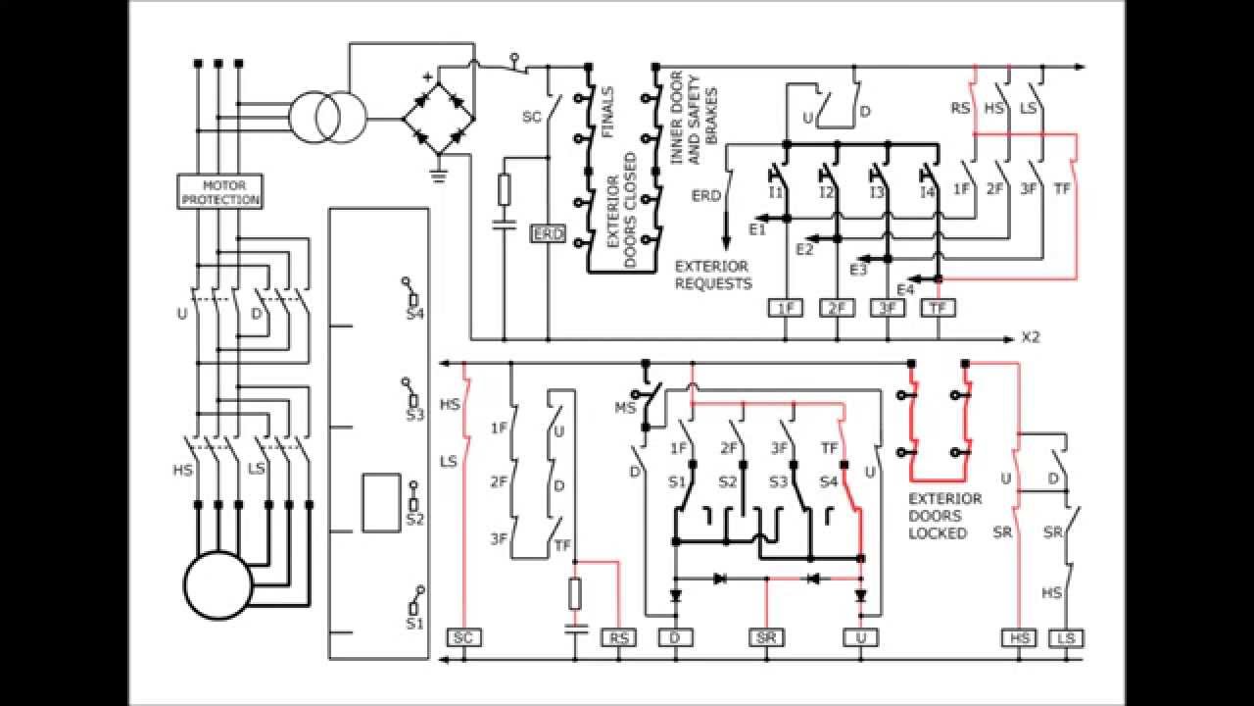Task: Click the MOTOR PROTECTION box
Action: pos(218,191)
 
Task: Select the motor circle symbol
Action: pos(217,584)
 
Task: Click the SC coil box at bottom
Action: pos(464,638)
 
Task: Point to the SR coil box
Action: pos(767,638)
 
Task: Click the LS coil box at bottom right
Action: pos(1066,638)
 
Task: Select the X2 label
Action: pos(1031,339)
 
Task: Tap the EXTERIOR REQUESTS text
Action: pos(713,276)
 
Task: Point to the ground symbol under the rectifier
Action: pos(438,176)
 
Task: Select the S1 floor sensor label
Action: pos(412,623)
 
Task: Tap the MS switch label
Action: pos(624,407)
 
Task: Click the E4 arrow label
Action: pos(904,289)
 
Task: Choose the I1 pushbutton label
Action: pos(775,193)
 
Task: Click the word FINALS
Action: pos(608,115)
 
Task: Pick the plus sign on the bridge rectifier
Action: pos(426,76)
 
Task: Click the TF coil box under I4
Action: pos(939,308)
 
